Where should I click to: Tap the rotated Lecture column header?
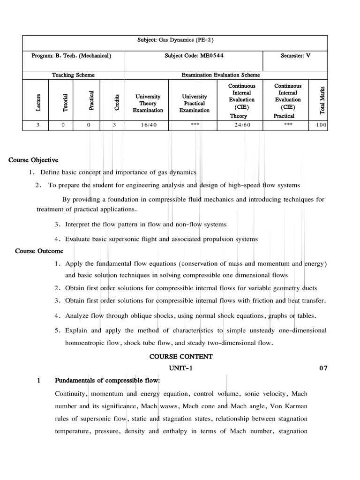pos(38,103)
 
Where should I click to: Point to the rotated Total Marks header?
pos(322,100)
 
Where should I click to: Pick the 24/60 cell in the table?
pos(242,125)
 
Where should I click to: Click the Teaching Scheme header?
pos(73,75)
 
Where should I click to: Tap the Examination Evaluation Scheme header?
pos(220,75)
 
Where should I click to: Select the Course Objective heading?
pos(33,160)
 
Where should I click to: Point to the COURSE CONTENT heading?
pos(181,357)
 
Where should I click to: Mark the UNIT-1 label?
pos(180,368)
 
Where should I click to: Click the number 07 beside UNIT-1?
pos(323,368)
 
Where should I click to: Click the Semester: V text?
pos(295,55)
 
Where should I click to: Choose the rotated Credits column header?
pos(117,103)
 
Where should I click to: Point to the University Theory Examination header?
pos(148,103)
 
